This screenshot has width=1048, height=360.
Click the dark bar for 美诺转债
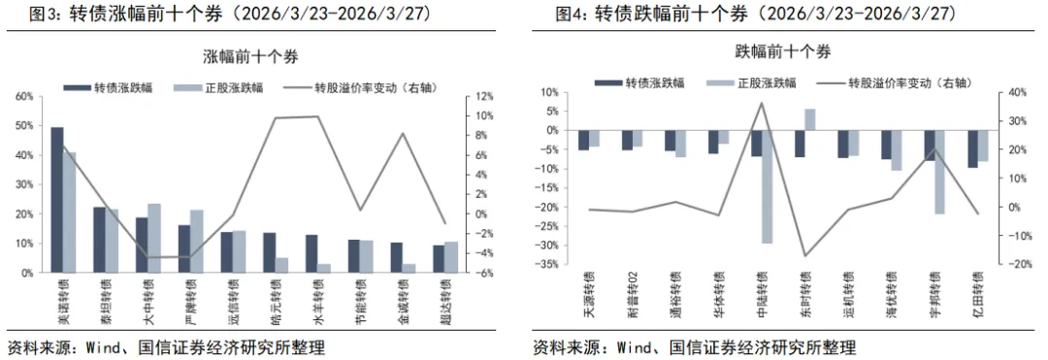pyautogui.click(x=57, y=200)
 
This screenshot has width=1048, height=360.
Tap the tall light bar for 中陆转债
pyautogui.click(x=767, y=186)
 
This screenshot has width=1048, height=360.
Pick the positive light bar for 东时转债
pyautogui.click(x=810, y=119)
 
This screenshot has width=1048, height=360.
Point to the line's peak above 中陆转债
pyautogui.click(x=762, y=103)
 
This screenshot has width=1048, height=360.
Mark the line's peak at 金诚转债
pyautogui.click(x=403, y=134)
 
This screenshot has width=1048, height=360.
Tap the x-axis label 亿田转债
pyautogui.click(x=977, y=295)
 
